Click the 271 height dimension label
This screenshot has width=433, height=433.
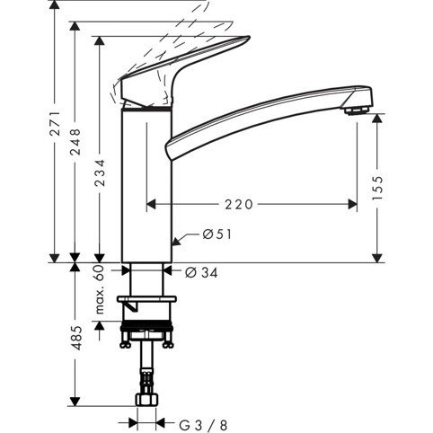pyautogui.click(x=56, y=123)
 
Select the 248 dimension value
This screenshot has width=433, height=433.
pyautogui.click(x=75, y=142)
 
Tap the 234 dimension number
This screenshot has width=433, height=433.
pyautogui.click(x=100, y=172)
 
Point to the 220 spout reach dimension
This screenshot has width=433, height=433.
pyautogui.click(x=239, y=205)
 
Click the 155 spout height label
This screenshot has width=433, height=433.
pyautogui.click(x=377, y=188)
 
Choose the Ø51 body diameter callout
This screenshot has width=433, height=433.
pyautogui.click(x=217, y=234)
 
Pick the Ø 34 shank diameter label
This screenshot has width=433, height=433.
pyautogui.click(x=201, y=272)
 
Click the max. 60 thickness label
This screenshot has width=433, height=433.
pyautogui.click(x=100, y=289)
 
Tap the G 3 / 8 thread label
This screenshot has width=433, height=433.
pyautogui.click(x=203, y=425)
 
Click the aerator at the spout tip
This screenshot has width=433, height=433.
pyautogui.click(x=356, y=110)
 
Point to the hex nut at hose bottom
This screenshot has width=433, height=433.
pyautogui.click(x=146, y=400)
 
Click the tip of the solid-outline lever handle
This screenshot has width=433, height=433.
pyautogui.click(x=249, y=37)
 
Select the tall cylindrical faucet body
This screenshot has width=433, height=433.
pyautogui.click(x=146, y=186)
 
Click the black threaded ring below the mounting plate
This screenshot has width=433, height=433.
pyautogui.click(x=146, y=329)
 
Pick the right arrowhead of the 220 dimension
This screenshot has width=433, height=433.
pyautogui.click(x=352, y=205)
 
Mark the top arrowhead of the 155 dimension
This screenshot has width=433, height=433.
pyautogui.click(x=377, y=119)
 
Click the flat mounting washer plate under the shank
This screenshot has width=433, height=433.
pyautogui.click(x=146, y=299)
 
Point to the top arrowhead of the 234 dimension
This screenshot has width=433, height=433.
pyautogui.click(x=100, y=41)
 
